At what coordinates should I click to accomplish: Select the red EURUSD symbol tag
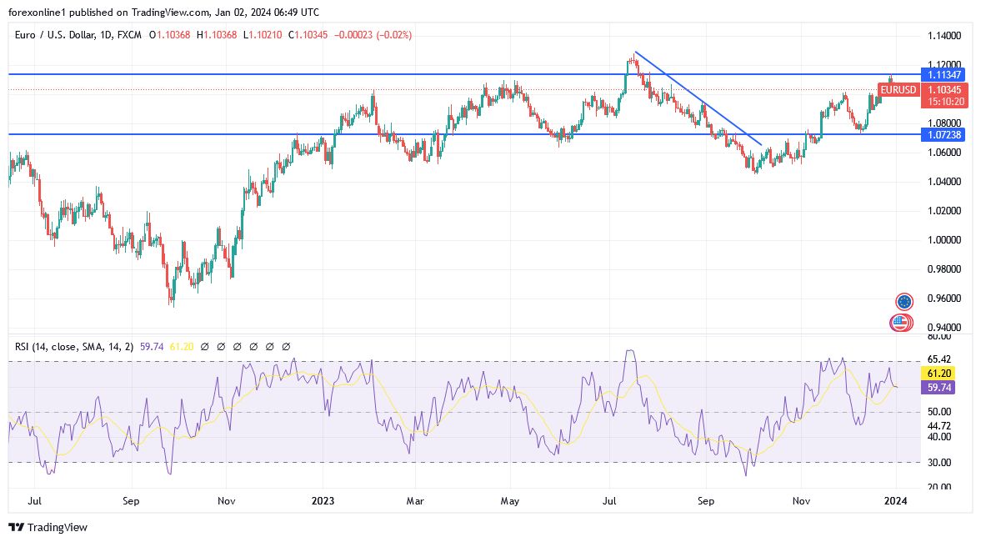(x=898, y=89)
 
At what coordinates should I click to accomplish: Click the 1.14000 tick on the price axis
(x=944, y=36)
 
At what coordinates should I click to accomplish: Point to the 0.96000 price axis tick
(x=944, y=299)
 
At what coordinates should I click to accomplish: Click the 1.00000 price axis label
(x=944, y=240)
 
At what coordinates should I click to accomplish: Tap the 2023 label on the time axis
(x=322, y=501)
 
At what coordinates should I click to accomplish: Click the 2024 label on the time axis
(x=894, y=501)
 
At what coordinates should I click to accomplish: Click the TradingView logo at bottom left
(x=48, y=527)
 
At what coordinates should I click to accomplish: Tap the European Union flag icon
(x=903, y=301)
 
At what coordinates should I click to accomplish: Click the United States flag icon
(x=900, y=323)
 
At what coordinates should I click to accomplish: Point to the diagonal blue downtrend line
(x=698, y=99)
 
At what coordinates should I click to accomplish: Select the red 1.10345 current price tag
(x=944, y=89)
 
